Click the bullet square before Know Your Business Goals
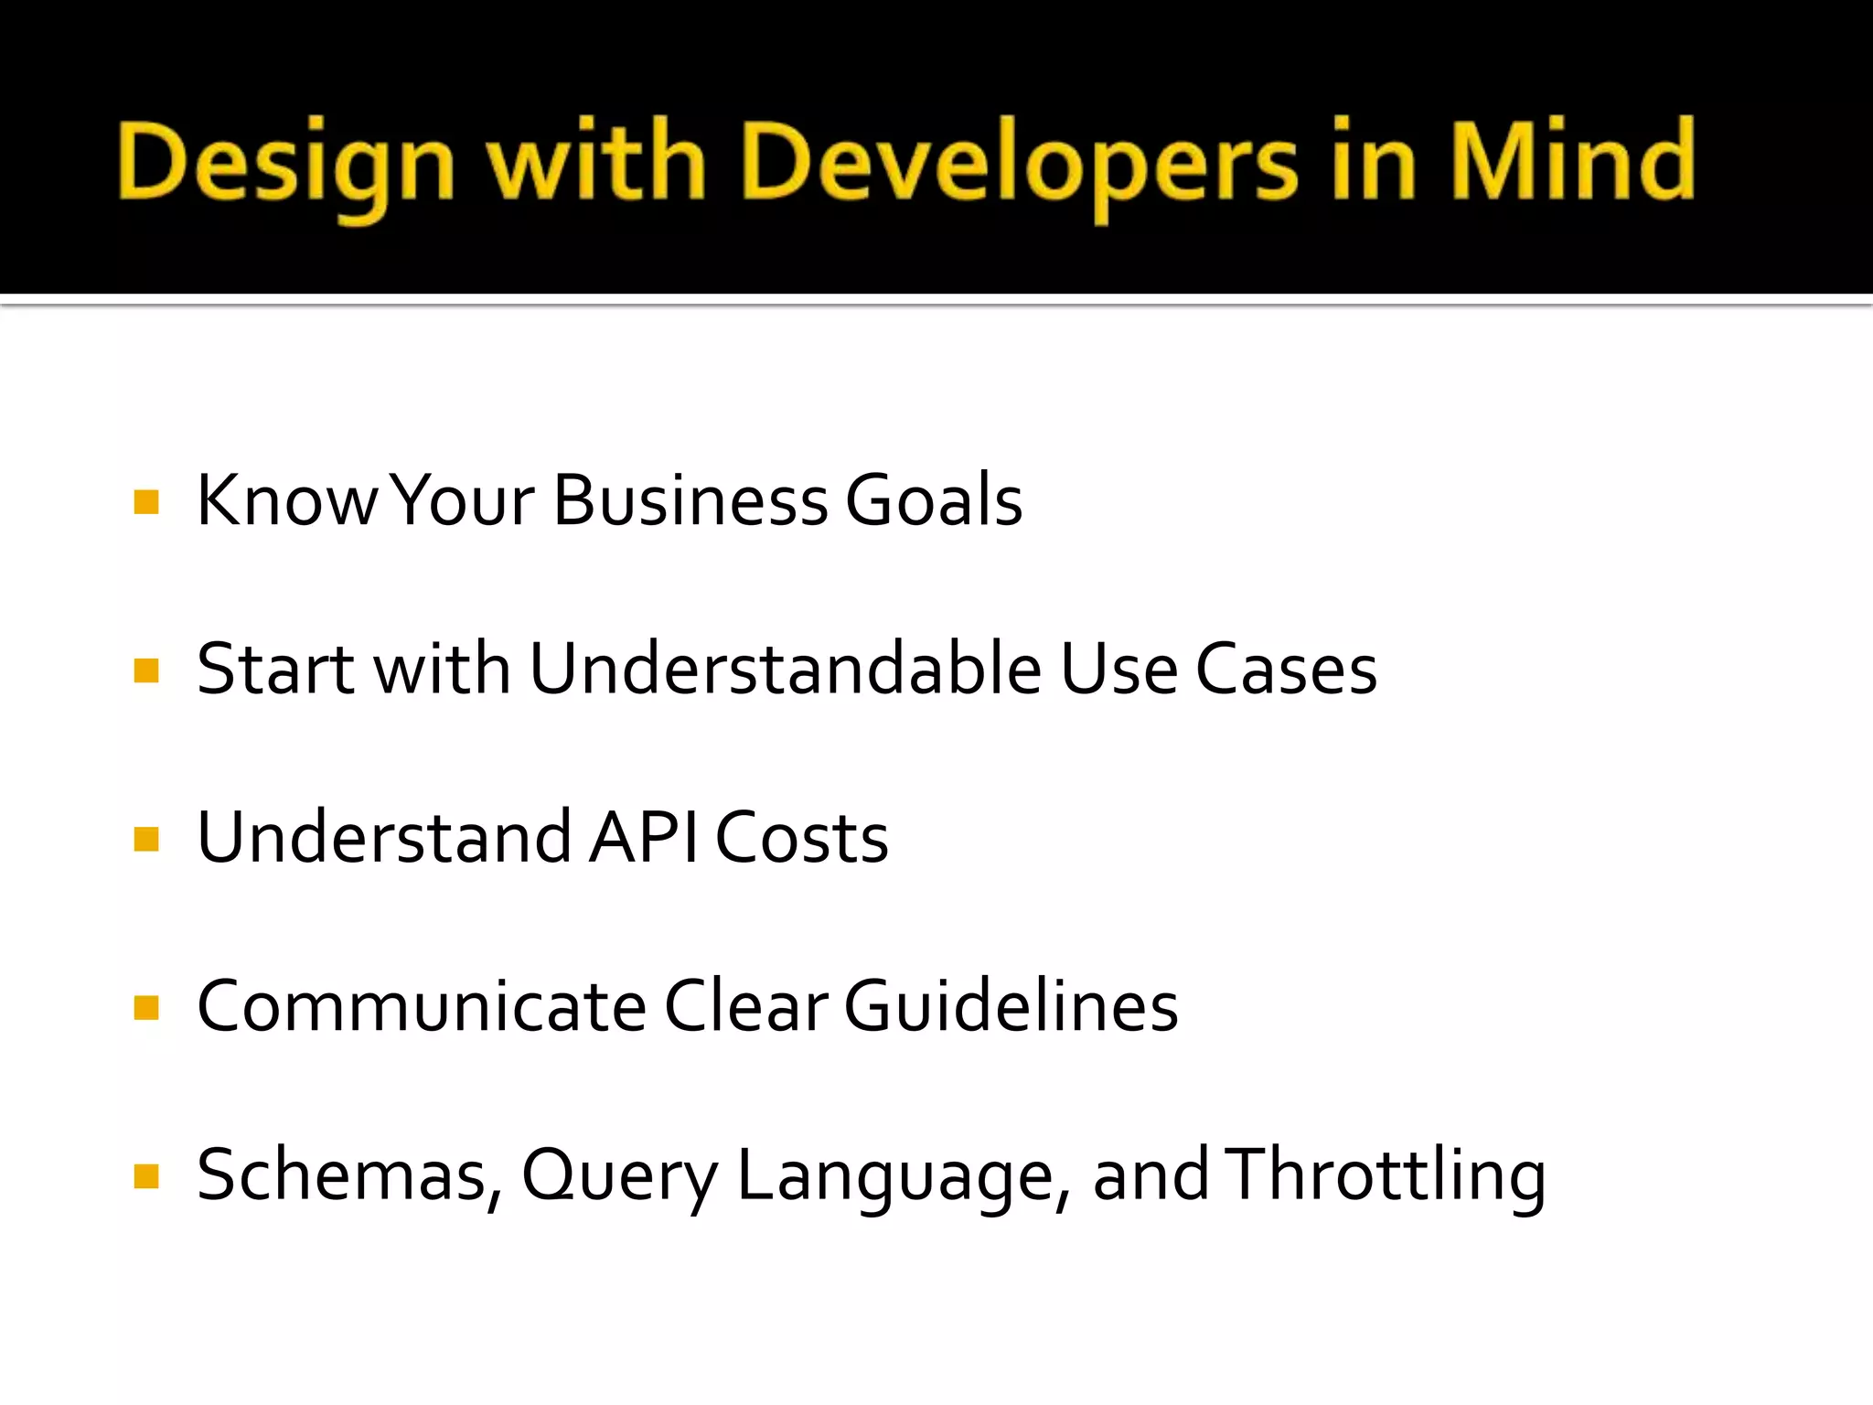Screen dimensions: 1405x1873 pos(146,502)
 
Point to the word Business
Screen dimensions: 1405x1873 pos(690,501)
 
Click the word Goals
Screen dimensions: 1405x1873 pos(933,501)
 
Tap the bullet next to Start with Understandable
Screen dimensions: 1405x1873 pos(146,670)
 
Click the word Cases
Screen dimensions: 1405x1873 pos(1286,670)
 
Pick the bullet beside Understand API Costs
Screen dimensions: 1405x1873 pos(146,839)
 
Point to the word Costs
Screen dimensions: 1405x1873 pos(801,838)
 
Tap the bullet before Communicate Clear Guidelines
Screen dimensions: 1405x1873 pos(146,1007)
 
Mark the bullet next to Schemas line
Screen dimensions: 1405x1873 pos(146,1175)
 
